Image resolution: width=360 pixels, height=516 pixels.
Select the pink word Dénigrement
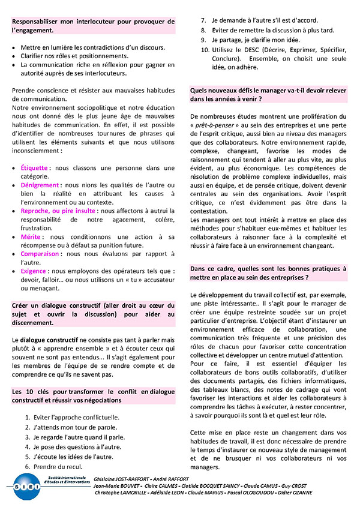pos(41,185)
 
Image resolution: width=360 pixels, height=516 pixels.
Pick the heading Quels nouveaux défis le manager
pos(268,94)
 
